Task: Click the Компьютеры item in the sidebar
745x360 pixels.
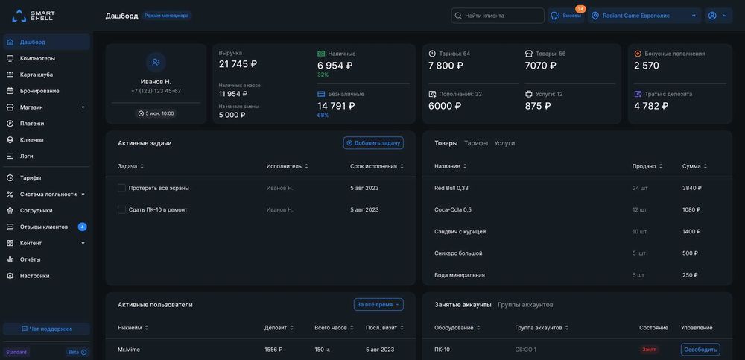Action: (x=37, y=58)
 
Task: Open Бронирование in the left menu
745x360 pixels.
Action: (x=39, y=91)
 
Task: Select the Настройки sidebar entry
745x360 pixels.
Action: (x=34, y=276)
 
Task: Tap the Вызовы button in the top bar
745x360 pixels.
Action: (x=566, y=16)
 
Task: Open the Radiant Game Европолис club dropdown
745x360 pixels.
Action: (x=644, y=16)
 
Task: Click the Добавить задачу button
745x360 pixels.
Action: (x=373, y=143)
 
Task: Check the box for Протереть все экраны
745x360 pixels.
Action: (x=121, y=188)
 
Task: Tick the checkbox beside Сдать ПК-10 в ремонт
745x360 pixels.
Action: (x=121, y=210)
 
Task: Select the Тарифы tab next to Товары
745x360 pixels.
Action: (x=476, y=143)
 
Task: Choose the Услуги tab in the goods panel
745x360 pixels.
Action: (x=504, y=143)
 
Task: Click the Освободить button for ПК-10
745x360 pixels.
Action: (x=700, y=350)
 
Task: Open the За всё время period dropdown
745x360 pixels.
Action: (x=378, y=304)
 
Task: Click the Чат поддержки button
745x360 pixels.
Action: (x=46, y=329)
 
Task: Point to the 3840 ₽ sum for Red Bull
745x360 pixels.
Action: (x=691, y=188)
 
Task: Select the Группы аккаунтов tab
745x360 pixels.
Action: (x=525, y=304)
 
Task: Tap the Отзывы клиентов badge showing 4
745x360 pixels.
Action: (x=82, y=227)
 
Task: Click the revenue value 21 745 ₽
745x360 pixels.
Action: (x=238, y=65)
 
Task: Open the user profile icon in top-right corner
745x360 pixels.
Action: (x=717, y=16)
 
